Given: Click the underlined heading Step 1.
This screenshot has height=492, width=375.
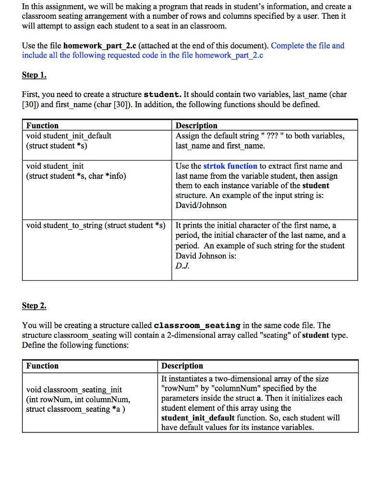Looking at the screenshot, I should click(x=34, y=75).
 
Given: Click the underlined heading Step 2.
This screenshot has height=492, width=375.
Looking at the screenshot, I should click(x=34, y=306).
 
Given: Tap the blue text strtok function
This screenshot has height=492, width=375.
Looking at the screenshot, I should click(x=230, y=166).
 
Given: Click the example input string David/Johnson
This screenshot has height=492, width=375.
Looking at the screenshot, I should click(x=201, y=205).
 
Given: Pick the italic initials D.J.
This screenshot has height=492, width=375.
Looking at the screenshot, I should click(x=182, y=266).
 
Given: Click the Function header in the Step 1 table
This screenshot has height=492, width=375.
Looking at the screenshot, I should click(x=43, y=125).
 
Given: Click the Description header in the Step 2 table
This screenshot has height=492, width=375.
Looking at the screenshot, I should click(x=182, y=366).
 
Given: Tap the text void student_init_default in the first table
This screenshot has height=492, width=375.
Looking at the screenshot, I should click(x=69, y=136).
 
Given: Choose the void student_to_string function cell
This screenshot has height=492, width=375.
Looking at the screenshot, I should click(x=96, y=225).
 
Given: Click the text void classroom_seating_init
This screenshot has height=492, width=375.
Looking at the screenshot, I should click(x=74, y=389).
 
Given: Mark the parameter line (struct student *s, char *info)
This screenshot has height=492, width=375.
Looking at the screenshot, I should click(x=76, y=176).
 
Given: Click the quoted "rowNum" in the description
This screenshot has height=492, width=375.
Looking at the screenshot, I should click(x=177, y=388).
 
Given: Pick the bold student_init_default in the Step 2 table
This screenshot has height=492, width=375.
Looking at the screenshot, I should click(x=198, y=418).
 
